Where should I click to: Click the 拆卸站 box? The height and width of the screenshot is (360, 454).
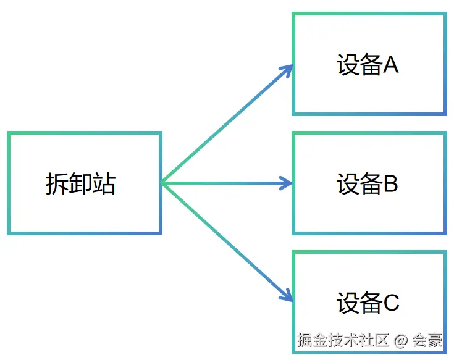(x=85, y=183)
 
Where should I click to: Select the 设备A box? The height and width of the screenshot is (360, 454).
(x=369, y=64)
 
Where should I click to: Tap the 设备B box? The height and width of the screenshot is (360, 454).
(x=369, y=183)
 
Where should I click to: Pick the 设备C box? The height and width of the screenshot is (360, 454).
(x=369, y=290)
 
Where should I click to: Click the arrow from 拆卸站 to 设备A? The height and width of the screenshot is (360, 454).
(x=225, y=124)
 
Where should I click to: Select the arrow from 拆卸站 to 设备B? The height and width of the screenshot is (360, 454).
(x=225, y=183)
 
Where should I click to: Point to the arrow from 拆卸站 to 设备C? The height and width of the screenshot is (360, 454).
(x=225, y=241)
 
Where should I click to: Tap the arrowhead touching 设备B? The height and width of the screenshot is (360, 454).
(x=288, y=183)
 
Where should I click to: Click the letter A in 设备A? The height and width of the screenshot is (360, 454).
(x=390, y=64)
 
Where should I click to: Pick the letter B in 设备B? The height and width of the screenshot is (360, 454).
(x=390, y=183)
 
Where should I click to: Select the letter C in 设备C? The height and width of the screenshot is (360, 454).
(x=391, y=303)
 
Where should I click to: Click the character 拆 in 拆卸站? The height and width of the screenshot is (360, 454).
(x=57, y=183)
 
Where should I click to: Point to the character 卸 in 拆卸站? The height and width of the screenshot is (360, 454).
(x=80, y=183)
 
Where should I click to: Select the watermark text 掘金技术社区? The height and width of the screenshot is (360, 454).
(x=343, y=340)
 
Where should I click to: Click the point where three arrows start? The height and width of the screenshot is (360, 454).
(x=162, y=183)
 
